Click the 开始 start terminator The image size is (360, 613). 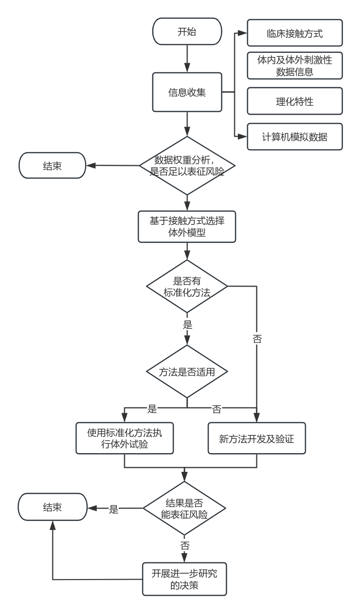point(187,32)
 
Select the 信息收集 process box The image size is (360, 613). point(187,92)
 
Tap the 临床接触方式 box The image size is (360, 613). point(295,33)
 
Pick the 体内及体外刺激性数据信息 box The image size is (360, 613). point(295,66)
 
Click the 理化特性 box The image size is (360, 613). point(295,101)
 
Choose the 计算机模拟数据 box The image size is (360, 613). point(295,137)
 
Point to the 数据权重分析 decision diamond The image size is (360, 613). point(187,166)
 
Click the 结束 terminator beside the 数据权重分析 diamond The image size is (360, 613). point(52,166)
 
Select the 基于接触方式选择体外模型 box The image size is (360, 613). point(187,227)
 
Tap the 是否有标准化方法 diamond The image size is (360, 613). point(187,286)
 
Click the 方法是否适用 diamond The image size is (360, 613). point(187,371)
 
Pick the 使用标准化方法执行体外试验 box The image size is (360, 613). point(124,438)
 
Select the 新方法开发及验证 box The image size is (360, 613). point(257,438)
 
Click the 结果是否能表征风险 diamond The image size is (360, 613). point(185,508)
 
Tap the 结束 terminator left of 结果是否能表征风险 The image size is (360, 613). point(52,507)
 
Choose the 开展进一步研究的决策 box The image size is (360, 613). point(185,579)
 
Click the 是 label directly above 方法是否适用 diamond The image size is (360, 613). point(187,324)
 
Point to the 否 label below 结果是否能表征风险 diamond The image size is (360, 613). point(185,545)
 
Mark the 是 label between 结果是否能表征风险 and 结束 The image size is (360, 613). point(113,509)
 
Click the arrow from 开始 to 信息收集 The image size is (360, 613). point(187,59)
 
